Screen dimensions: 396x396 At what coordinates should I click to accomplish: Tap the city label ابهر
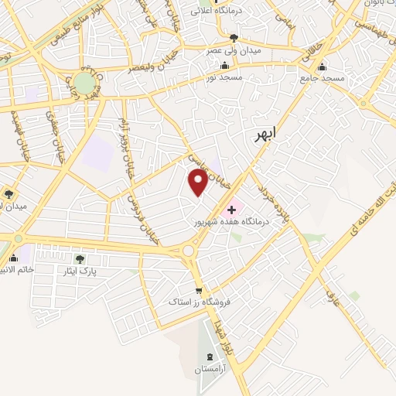click(265, 135)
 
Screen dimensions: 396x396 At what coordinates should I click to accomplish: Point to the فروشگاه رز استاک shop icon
click(199, 290)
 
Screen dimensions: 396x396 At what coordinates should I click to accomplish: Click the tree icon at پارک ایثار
click(80, 259)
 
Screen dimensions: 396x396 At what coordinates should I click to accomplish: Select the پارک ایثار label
click(80, 272)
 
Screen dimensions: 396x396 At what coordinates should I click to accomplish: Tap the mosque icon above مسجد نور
click(224, 65)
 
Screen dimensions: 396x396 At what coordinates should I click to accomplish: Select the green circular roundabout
click(85, 83)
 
